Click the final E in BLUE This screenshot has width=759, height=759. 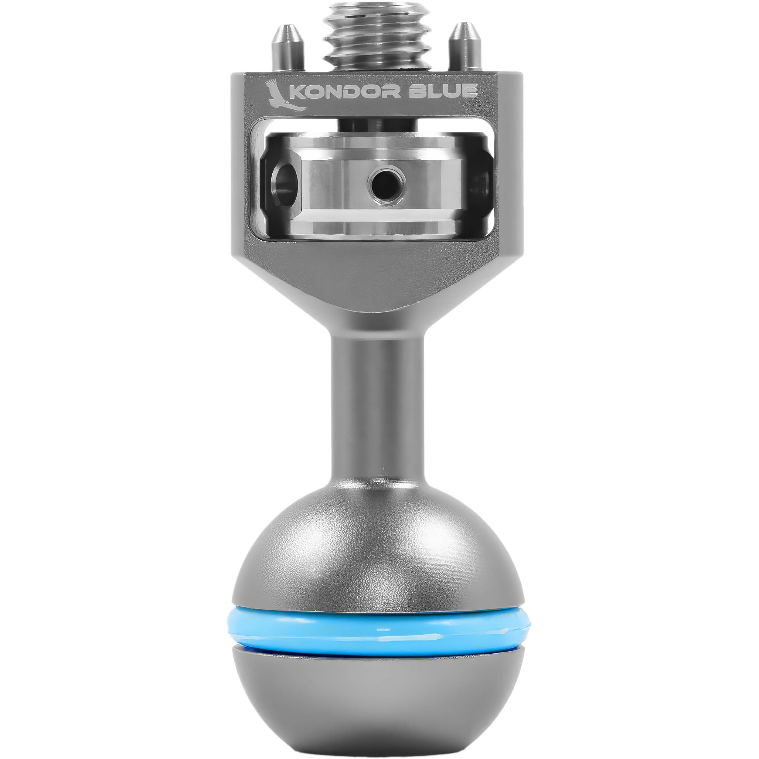[x=470, y=91]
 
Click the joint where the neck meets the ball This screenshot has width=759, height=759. [x=378, y=485]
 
